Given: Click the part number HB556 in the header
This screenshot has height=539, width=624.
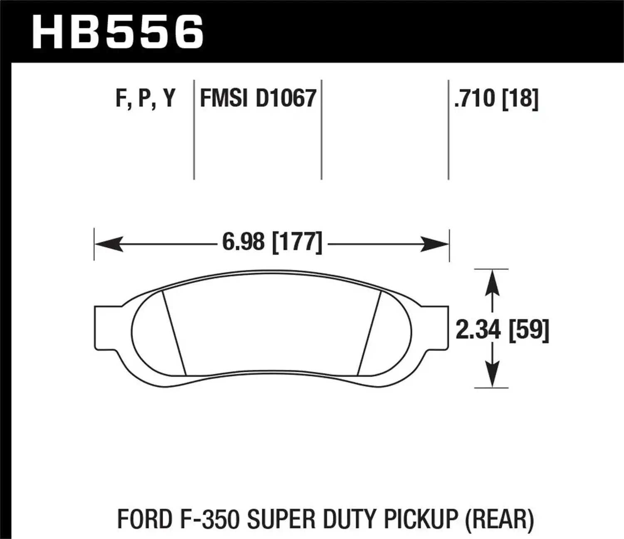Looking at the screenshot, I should pyautogui.click(x=118, y=32).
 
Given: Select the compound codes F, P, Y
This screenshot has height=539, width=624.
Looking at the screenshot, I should pyautogui.click(x=145, y=99).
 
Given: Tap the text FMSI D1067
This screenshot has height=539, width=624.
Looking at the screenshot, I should pyautogui.click(x=258, y=99).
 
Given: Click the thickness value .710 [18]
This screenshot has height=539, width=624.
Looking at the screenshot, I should pyautogui.click(x=496, y=99).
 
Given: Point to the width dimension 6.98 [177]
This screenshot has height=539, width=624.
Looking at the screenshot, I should pyautogui.click(x=272, y=242).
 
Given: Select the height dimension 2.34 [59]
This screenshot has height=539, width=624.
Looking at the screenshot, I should pyautogui.click(x=503, y=330).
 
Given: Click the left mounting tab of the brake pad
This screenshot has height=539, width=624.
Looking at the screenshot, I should pyautogui.click(x=104, y=328).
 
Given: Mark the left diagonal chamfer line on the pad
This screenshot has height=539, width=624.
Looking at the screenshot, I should pyautogui.click(x=173, y=333).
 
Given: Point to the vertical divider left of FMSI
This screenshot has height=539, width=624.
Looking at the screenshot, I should pyautogui.click(x=194, y=129).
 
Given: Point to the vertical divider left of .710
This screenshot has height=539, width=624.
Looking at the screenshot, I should pyautogui.click(x=448, y=129).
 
